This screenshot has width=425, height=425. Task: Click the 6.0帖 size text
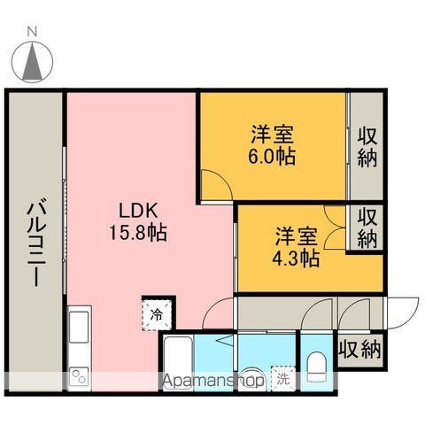coord(272,156)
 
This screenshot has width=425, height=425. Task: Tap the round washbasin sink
coord(251,375)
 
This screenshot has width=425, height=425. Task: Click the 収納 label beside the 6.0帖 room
coord(367,147)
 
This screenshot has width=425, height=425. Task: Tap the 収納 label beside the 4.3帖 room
coord(367,228)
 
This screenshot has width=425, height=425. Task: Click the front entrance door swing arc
coord(404,311)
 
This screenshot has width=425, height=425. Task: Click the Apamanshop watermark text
coord(212,382)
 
